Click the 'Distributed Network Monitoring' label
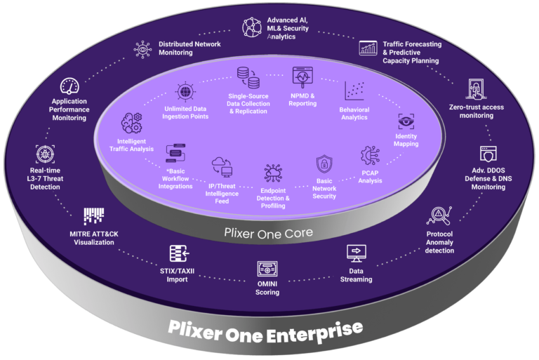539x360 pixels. (x=189, y=48)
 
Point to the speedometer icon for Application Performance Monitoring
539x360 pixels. (x=69, y=87)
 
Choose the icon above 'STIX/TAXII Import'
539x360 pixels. (x=178, y=253)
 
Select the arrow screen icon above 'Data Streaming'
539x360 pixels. (x=357, y=252)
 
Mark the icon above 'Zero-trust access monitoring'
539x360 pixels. (x=476, y=90)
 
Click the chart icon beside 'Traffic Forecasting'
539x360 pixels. (x=368, y=48)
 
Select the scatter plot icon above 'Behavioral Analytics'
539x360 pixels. (x=354, y=91)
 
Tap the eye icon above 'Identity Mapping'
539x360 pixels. (x=406, y=120)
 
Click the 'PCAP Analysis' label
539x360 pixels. (x=370, y=177)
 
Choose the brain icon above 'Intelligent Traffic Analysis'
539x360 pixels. (x=131, y=124)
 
